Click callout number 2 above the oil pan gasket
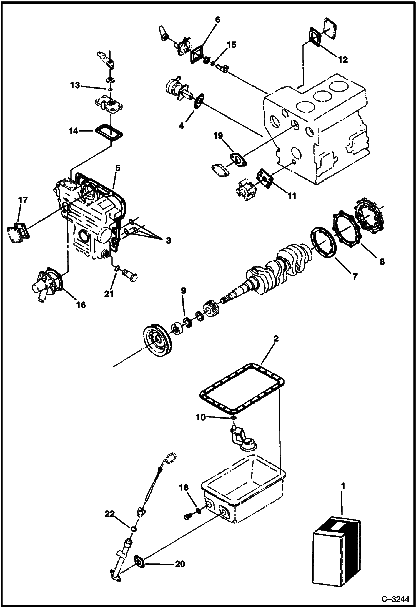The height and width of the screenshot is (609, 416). coord(275,339)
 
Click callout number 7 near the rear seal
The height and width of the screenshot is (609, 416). coord(355,276)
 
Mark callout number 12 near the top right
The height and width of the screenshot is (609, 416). coord(343,59)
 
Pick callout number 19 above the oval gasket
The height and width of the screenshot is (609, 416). coord(218,136)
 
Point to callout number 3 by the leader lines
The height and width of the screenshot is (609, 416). coord(168,240)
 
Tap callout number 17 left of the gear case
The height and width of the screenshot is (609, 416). coord(23,200)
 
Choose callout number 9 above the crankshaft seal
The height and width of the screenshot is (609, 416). coord(183,291)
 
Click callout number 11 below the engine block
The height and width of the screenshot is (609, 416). coord(292,196)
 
